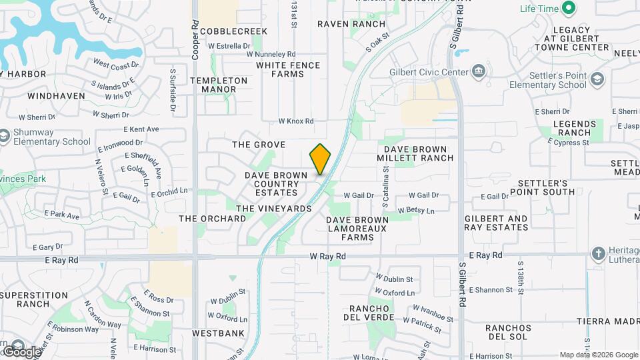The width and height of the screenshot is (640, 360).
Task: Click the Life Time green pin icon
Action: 568,9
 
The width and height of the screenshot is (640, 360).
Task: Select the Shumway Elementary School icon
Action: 5,137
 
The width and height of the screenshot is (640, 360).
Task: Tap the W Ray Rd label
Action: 328,256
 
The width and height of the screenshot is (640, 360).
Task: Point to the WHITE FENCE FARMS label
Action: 288,69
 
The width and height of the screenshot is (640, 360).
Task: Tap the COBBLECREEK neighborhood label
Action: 233,31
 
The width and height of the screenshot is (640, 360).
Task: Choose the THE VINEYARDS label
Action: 274,209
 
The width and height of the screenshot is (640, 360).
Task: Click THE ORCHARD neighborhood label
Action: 212,219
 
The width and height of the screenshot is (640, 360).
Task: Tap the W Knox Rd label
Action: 296,121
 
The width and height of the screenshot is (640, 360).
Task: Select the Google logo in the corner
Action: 22,351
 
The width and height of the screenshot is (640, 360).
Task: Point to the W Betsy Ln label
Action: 416,211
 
